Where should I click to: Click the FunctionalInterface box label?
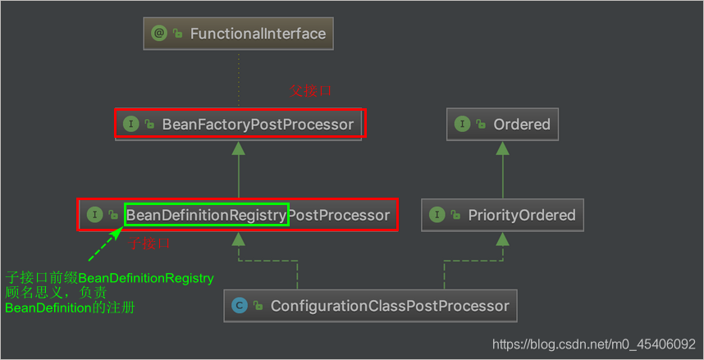(x=258, y=34)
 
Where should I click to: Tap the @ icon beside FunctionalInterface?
(x=158, y=34)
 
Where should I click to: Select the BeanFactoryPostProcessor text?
(x=258, y=125)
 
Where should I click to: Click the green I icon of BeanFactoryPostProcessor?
(x=130, y=125)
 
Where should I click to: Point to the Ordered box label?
(x=521, y=125)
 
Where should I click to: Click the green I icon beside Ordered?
(x=462, y=125)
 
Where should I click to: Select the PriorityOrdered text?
(x=521, y=216)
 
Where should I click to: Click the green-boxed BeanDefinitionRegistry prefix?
(x=206, y=216)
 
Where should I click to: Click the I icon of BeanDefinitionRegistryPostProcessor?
(x=94, y=215)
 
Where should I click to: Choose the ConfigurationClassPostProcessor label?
(x=390, y=306)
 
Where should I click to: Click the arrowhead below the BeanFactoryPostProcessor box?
(x=238, y=148)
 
